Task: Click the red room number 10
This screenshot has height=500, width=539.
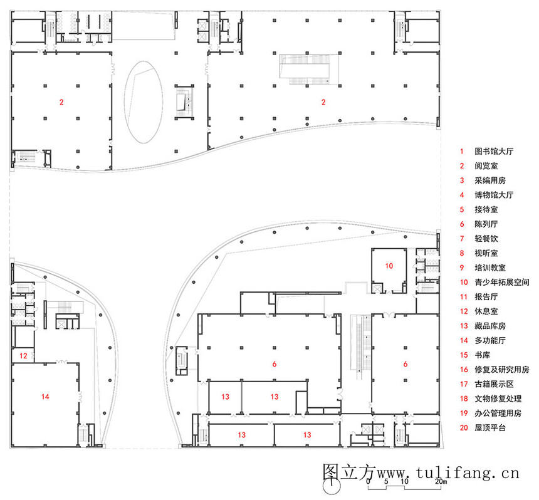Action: point(389,266)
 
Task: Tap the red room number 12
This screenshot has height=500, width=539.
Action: point(23,356)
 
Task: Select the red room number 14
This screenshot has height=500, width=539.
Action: point(45,397)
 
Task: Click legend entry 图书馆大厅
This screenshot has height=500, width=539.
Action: point(494,151)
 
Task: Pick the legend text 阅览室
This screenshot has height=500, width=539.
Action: point(486,166)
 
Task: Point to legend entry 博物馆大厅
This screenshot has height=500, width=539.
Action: point(494,195)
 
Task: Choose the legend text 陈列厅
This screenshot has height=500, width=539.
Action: point(486,224)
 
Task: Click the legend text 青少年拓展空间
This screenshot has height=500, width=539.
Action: point(502,282)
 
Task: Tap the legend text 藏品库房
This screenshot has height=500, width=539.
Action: point(490,326)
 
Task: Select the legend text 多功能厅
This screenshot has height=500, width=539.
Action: point(490,340)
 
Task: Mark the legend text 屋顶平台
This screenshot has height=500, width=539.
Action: point(490,427)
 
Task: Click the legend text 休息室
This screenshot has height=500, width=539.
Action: point(486,311)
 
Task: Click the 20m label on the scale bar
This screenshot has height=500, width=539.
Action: point(441,481)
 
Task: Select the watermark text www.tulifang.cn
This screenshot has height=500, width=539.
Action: point(447,473)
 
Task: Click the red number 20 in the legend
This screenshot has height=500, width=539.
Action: point(464,428)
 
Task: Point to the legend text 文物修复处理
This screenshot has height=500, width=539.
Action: point(498,398)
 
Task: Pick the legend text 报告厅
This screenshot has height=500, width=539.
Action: point(486,296)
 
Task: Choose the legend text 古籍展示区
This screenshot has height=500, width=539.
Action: point(494,384)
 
